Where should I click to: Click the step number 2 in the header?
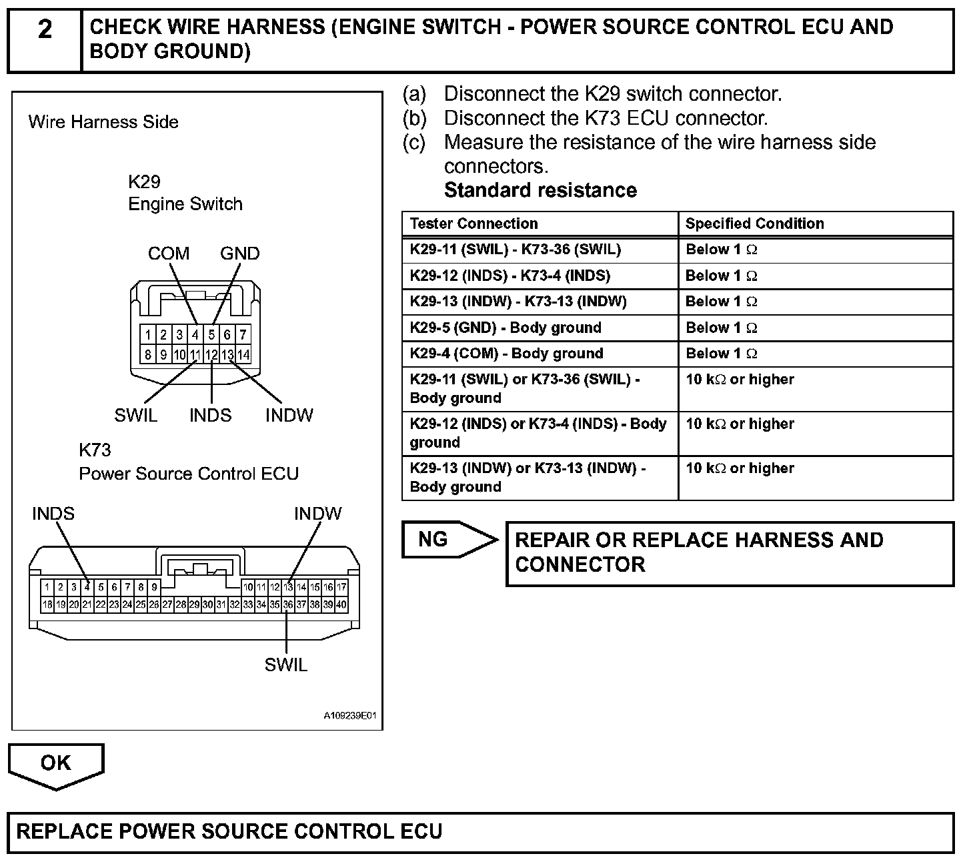(45, 29)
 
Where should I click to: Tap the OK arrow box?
(56, 763)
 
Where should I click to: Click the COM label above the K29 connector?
(169, 254)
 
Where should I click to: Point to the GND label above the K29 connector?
(239, 254)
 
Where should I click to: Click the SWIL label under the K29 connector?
(135, 415)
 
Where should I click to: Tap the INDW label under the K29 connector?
(289, 415)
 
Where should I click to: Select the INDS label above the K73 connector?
(53, 514)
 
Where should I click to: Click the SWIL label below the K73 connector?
(286, 665)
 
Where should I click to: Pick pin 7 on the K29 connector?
(243, 334)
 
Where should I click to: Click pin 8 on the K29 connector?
(147, 354)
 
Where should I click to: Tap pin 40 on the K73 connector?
(341, 604)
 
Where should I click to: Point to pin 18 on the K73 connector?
(47, 604)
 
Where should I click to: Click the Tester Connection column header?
(473, 224)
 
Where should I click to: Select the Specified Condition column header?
(754, 224)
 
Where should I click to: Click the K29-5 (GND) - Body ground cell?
(506, 328)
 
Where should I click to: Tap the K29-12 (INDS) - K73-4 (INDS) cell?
(510, 276)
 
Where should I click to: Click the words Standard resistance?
(540, 190)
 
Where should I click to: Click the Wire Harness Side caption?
(103, 122)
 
